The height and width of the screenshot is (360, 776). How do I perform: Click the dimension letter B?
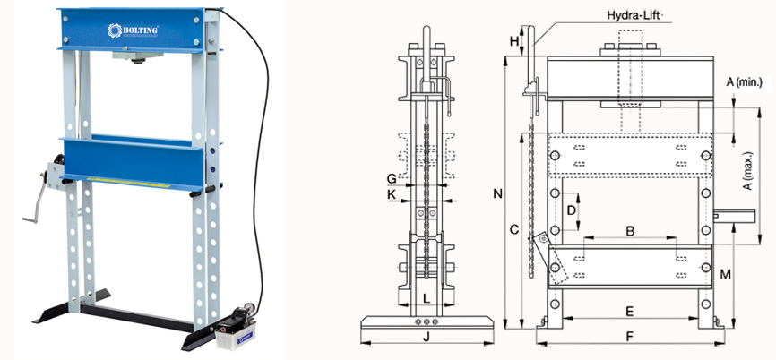(630, 231)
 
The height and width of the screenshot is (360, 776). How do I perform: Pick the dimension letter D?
(570, 210)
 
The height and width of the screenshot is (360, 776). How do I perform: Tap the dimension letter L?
(427, 298)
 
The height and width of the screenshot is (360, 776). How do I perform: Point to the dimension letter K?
(391, 193)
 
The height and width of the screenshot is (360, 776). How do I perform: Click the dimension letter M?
(726, 274)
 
